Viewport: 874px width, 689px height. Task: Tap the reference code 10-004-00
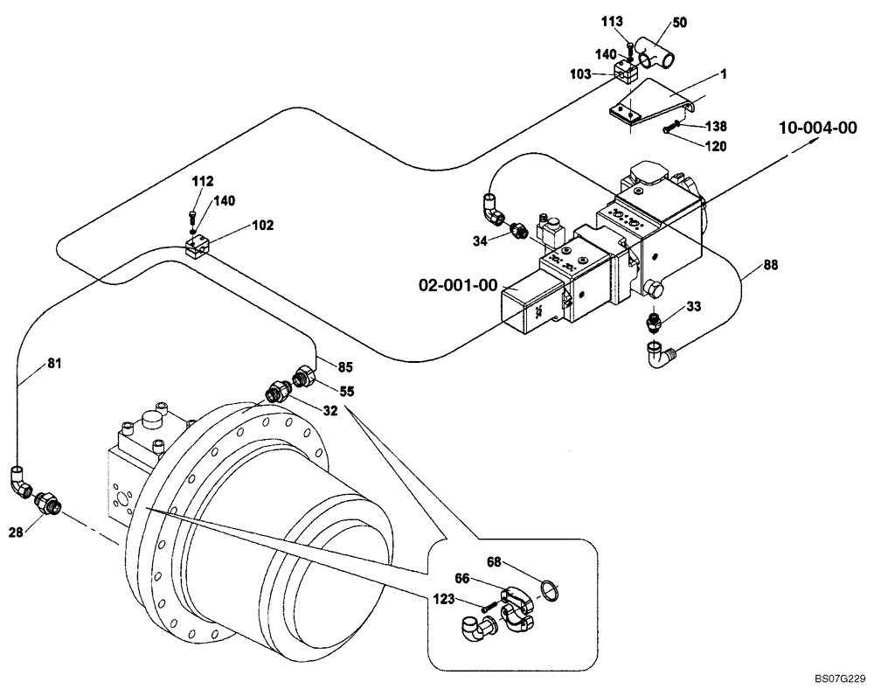(817, 129)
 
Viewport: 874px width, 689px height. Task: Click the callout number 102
(262, 225)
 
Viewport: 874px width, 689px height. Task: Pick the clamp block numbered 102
(199, 246)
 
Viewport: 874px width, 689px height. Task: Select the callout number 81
(30, 363)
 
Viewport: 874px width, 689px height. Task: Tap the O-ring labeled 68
(548, 592)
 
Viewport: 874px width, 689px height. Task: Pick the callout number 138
(715, 127)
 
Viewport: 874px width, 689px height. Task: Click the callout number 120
(715, 147)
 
